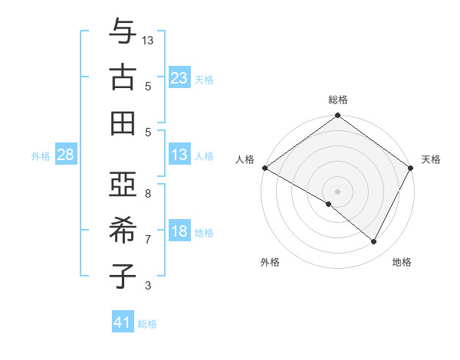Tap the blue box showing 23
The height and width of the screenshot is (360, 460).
point(179,77)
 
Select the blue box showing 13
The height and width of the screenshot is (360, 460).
point(179,155)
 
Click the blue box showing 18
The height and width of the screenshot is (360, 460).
point(179,232)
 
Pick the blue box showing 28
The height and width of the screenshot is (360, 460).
point(65,155)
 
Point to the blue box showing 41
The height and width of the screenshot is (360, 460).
point(123,322)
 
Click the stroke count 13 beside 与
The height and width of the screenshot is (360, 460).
point(148,41)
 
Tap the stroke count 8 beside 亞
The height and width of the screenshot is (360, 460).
point(148,194)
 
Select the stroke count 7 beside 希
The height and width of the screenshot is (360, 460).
point(148,240)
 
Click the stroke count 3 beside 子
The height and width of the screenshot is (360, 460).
point(148,286)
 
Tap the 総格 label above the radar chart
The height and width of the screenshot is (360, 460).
point(337,100)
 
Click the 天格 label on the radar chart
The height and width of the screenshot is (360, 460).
point(431,159)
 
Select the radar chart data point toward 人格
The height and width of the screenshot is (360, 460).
point(264,168)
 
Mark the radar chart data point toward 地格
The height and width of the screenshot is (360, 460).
point(374,242)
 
